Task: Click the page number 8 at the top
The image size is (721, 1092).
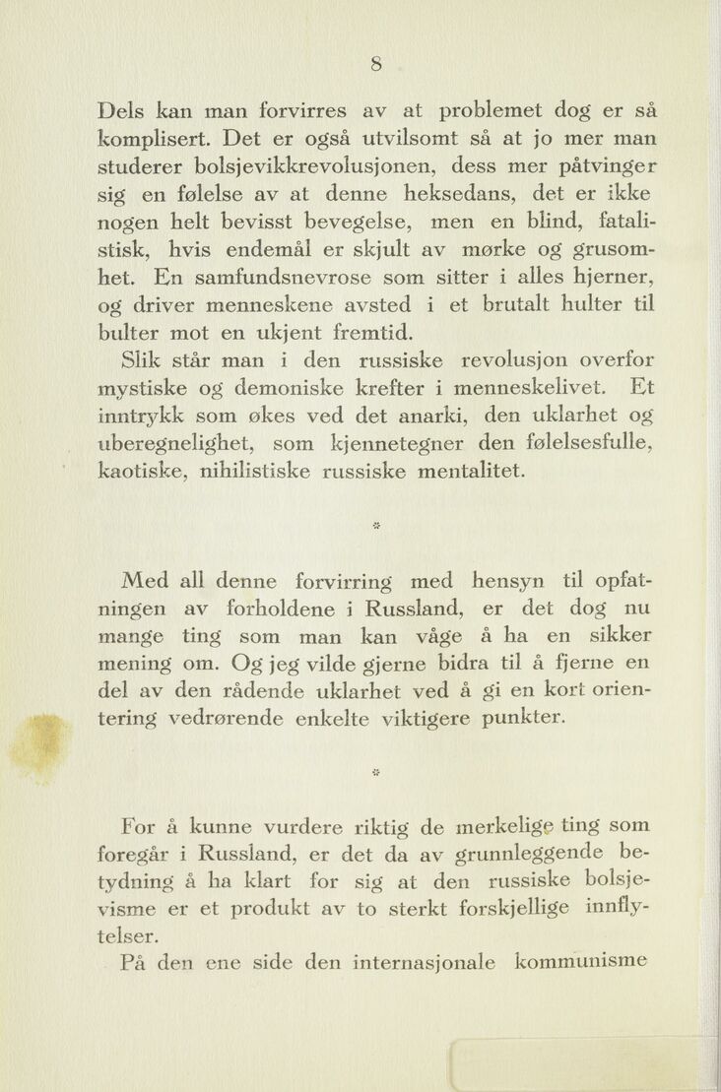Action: point(375,64)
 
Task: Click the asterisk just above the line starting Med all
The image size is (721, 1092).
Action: point(375,525)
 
